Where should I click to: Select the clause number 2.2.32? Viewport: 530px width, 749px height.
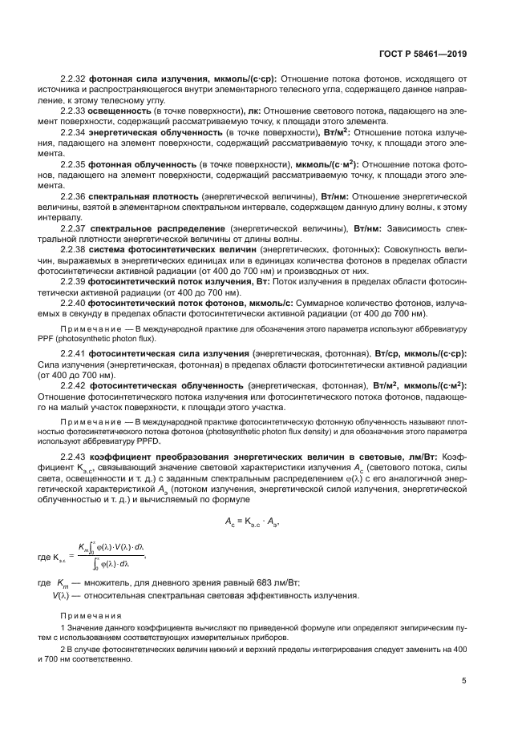pyautogui.click(x=73, y=79)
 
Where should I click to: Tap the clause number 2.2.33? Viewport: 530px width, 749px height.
pyautogui.click(x=73, y=110)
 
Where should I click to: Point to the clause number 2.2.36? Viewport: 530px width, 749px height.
pyautogui.click(x=73, y=195)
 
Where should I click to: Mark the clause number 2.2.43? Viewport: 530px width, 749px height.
pyautogui.click(x=73, y=455)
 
